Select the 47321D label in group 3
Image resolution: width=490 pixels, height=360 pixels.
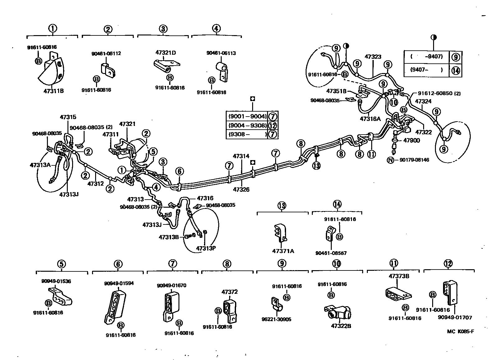point(165,53)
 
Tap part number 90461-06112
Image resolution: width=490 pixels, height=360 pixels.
point(106,53)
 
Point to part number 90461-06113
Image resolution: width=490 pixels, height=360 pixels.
point(221,53)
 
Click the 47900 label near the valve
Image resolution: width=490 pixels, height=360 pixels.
point(411,140)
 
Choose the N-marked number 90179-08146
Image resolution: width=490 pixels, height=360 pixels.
point(414,160)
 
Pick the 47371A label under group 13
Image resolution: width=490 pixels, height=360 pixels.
point(283,251)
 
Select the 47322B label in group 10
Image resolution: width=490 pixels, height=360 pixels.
point(341,326)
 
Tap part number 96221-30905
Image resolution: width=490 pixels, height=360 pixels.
point(277,319)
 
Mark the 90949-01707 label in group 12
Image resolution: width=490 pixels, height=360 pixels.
point(455,317)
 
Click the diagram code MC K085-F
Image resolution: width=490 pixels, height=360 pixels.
point(461,331)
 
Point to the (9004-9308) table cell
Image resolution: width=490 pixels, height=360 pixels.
point(247,125)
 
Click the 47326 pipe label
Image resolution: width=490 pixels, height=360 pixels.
point(241,189)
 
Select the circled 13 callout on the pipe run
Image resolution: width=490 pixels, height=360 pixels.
point(316,165)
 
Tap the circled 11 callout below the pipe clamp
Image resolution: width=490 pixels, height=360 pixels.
point(371,154)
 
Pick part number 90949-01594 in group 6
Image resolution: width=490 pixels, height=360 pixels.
point(119,283)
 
